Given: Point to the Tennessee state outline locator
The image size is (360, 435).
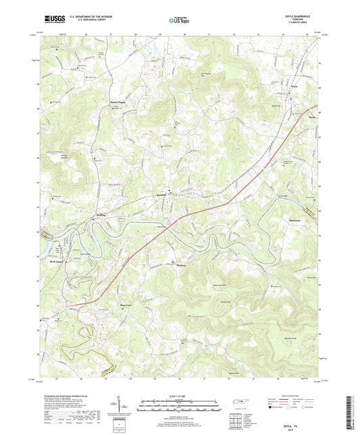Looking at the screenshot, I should tap(238, 403).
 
